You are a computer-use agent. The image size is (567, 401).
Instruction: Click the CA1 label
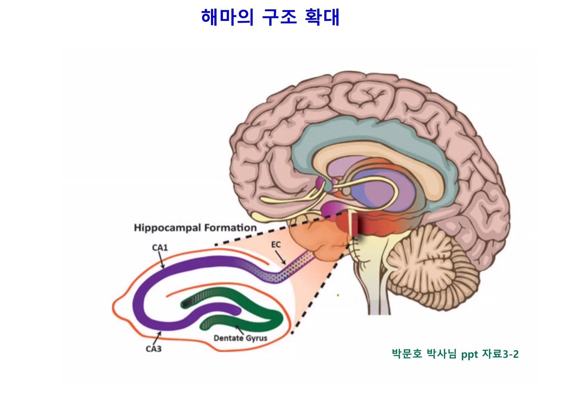160,248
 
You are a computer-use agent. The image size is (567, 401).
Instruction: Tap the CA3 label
154,349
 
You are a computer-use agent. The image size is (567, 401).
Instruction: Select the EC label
276,245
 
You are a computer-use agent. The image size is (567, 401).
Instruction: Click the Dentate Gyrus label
240,338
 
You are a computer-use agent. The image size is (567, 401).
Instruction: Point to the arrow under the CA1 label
161,260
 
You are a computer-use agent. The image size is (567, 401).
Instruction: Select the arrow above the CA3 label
157,337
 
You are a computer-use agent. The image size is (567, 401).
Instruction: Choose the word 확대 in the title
322,17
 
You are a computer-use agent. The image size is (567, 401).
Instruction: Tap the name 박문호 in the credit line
407,354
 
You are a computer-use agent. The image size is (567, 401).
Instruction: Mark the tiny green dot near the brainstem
338,295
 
